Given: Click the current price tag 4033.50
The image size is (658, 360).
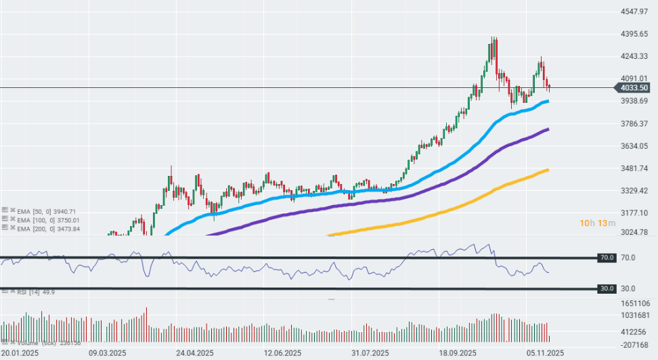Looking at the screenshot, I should (x=636, y=88).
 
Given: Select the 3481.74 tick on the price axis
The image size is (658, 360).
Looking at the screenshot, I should (x=635, y=168).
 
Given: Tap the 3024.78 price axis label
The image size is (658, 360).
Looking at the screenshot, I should (x=635, y=232).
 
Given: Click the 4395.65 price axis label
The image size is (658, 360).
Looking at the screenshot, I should (x=635, y=35).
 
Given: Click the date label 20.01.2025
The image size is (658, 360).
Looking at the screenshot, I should (x=20, y=353).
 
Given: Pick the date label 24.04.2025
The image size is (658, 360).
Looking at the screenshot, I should (x=195, y=353).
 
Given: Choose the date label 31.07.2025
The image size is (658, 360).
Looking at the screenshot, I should (x=370, y=353).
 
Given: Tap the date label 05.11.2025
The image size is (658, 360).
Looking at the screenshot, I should (x=546, y=353).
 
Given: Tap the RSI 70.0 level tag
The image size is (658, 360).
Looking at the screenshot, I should (x=606, y=258).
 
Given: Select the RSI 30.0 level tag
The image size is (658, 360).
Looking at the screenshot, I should (x=606, y=288).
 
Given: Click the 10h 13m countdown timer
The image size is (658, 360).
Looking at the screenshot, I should (x=597, y=223).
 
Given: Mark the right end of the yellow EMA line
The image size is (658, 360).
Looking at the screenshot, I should (x=548, y=170).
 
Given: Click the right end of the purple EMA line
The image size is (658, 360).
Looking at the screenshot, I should (x=547, y=129).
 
